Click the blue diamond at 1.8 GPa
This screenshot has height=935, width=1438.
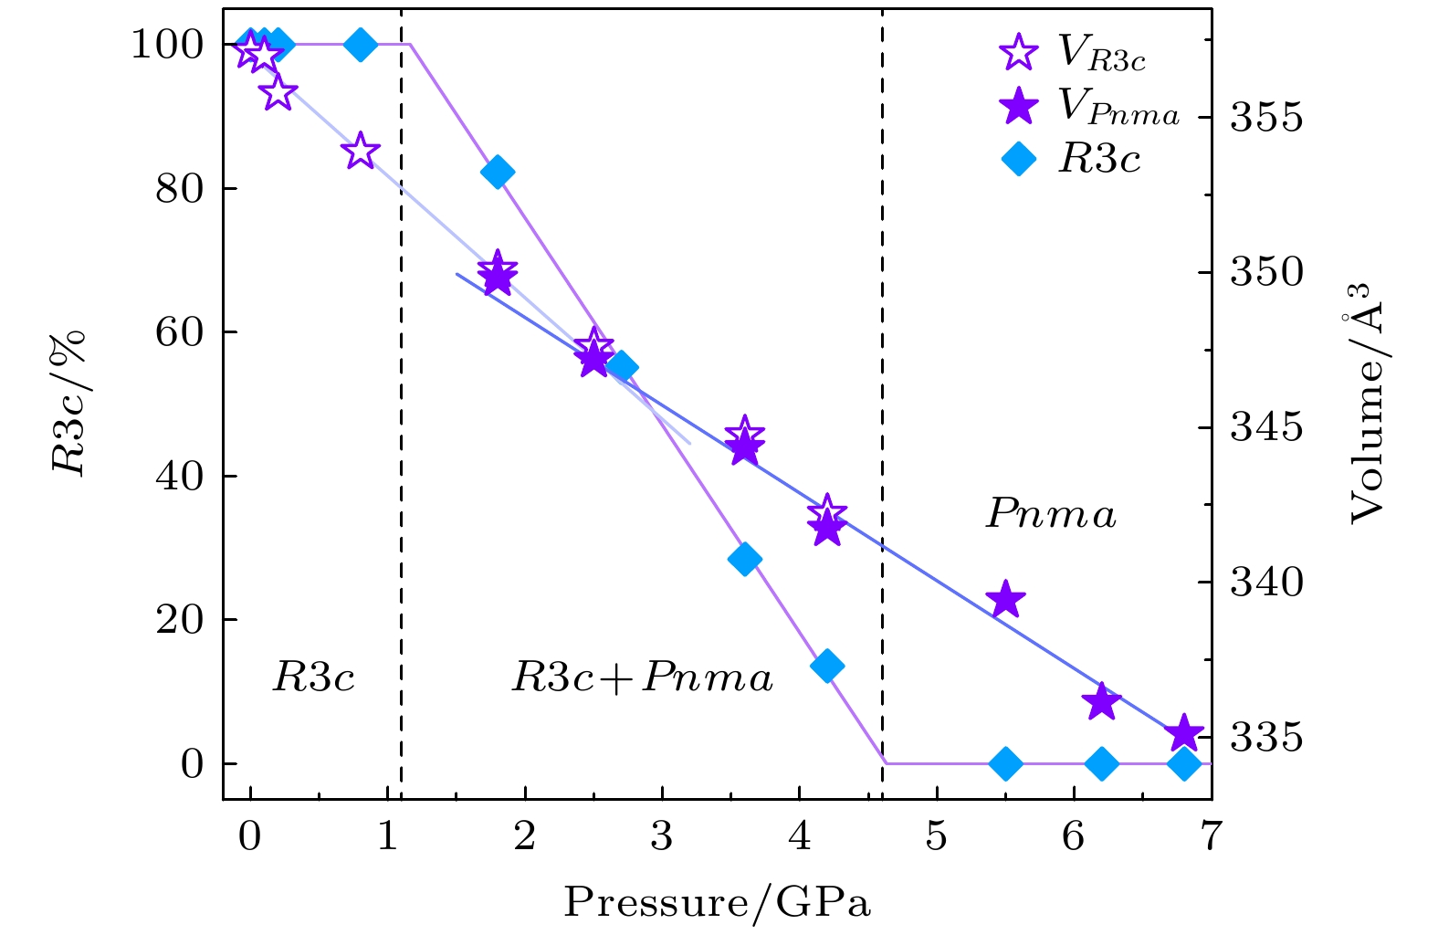tap(498, 172)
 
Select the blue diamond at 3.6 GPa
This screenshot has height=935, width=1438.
tap(745, 559)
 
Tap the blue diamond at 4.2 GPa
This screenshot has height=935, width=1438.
tap(827, 666)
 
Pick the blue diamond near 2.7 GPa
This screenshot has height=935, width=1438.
tap(622, 367)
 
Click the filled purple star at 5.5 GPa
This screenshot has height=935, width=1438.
tap(1005, 600)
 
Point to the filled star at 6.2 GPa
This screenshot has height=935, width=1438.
tap(1101, 701)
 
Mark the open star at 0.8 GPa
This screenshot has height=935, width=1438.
tap(361, 151)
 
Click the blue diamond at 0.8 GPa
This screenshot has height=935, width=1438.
tap(361, 44)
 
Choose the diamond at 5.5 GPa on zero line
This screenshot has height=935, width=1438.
tap(1005, 763)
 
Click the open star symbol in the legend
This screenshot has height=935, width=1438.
tap(1019, 52)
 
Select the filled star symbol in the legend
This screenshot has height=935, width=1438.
tap(1019, 106)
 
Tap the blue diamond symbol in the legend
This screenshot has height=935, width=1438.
tap(1019, 160)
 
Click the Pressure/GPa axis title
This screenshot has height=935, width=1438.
tap(717, 902)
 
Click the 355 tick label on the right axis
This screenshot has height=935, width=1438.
tap(1265, 118)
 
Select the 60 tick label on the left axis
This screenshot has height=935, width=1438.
tap(179, 332)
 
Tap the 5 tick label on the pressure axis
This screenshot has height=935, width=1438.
tap(937, 835)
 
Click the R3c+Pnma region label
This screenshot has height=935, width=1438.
tap(642, 678)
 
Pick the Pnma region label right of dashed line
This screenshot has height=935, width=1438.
tap(1051, 514)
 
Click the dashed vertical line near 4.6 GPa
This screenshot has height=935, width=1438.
tap(882, 274)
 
